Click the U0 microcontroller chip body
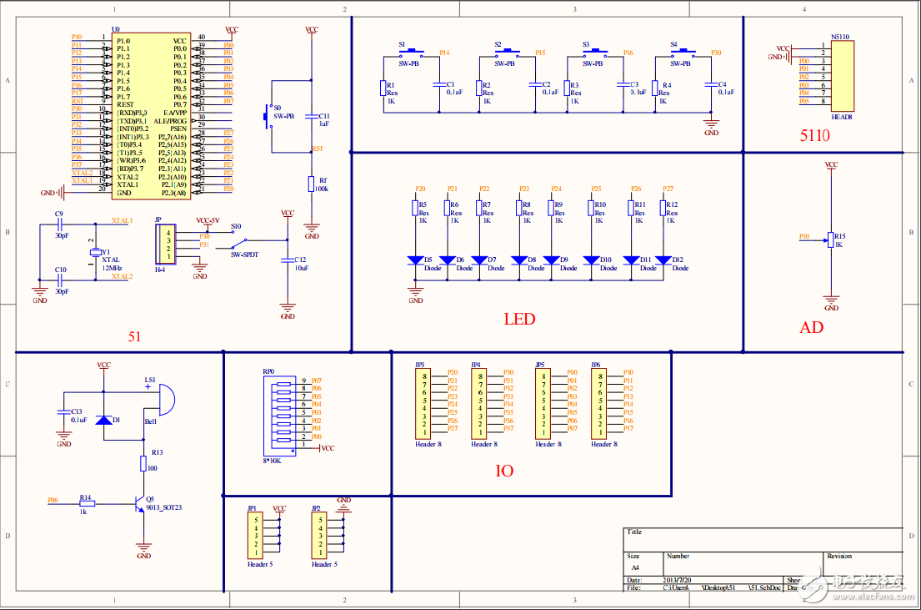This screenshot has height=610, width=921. pos(151,116)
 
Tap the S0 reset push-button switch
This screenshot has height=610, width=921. pos(268,117)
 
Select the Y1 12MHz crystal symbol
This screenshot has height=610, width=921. pos(94,253)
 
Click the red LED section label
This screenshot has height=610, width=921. pos(519,319)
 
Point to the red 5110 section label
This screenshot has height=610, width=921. pos(814,135)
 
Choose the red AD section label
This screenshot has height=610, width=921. pos(811,327)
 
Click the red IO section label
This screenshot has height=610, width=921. pos(504,471)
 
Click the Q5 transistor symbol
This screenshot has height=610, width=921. pos(139,503)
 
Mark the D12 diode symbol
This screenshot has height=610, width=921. pos(663,260)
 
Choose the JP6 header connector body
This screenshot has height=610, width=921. pos(599,404)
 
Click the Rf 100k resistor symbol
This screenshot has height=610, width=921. pos(312,184)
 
